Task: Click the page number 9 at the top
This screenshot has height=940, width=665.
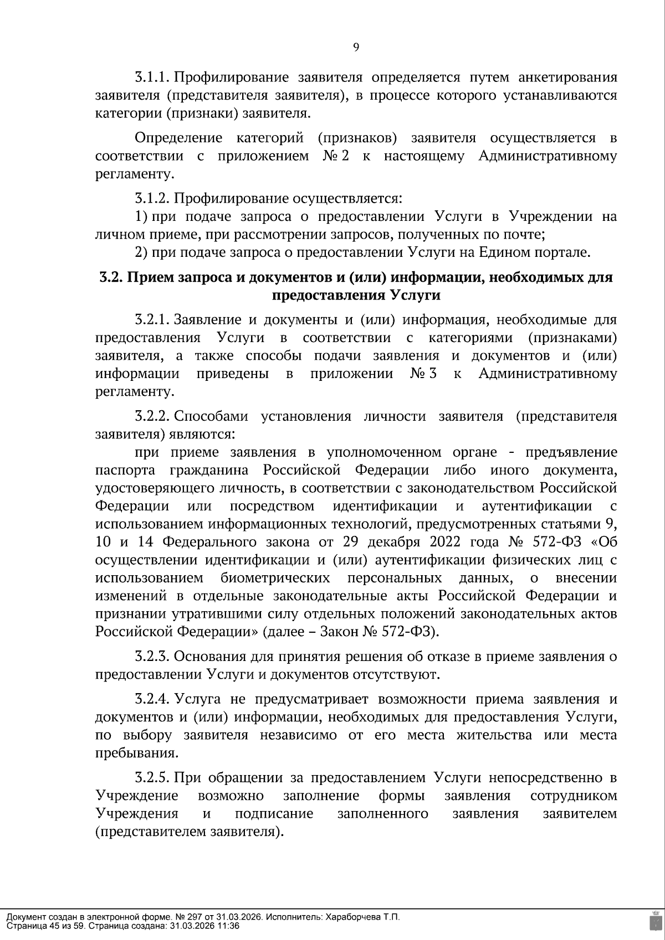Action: [356, 48]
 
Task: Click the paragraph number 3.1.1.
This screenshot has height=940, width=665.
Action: [152, 77]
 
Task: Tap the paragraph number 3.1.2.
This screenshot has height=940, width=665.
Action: [153, 198]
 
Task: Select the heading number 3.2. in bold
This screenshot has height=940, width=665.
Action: [111, 277]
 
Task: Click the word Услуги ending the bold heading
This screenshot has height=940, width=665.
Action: [415, 296]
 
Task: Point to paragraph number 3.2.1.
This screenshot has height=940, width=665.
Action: [152, 319]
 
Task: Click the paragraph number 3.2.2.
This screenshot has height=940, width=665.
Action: [153, 416]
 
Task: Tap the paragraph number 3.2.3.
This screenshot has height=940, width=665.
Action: [153, 657]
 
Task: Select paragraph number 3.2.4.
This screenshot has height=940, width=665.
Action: [153, 699]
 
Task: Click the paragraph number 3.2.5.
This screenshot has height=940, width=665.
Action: [153, 778]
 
